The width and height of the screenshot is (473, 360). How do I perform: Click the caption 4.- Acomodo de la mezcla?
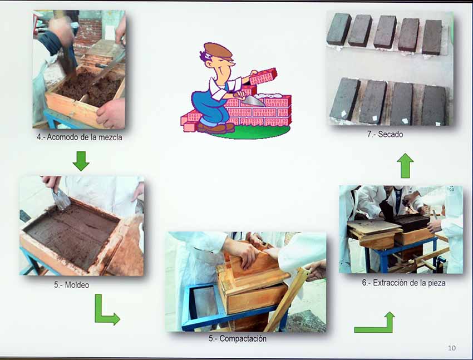coord(80,137)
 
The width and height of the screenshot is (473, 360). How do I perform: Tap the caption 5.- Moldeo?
coord(71,285)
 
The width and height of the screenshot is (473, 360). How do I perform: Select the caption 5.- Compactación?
coord(238,339)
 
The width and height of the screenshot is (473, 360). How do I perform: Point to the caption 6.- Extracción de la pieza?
coord(403,283)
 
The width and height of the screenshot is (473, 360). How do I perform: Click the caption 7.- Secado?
coord(385,134)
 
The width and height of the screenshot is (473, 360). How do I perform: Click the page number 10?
coord(452,348)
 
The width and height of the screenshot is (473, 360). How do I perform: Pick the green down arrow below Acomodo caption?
coord(81,161)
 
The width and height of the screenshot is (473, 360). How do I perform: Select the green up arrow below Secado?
coord(405,165)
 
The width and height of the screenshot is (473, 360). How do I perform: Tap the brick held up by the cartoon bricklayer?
coord(263,76)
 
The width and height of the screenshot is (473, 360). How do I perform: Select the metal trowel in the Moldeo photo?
coord(60,198)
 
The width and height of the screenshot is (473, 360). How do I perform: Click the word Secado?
coord(390,134)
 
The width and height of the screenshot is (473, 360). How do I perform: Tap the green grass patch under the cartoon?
coord(250,132)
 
